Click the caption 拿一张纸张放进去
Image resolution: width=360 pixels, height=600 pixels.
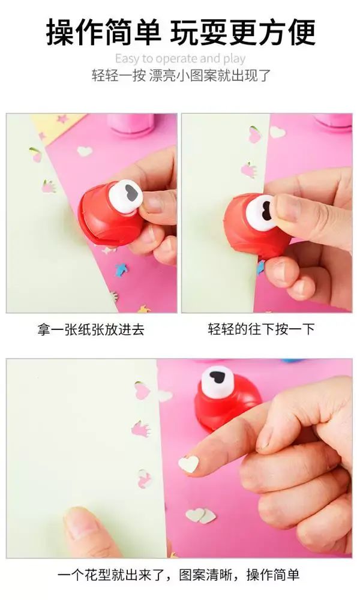point(91,329)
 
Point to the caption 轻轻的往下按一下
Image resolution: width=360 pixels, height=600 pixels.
point(261,329)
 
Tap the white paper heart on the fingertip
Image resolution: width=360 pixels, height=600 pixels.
point(188,464)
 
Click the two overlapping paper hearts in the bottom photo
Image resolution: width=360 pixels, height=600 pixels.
point(201,515)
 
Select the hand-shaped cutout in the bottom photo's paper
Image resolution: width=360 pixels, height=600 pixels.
point(141,428)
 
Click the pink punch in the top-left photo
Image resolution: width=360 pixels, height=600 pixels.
point(131,124)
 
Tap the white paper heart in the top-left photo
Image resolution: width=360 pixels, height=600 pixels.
point(85,151)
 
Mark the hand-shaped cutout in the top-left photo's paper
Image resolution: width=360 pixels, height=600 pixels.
point(48,187)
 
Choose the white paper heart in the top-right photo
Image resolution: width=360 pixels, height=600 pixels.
point(277,132)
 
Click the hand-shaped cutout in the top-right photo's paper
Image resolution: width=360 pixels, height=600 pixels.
point(248,170)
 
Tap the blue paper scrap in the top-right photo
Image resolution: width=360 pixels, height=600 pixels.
point(260,267)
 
